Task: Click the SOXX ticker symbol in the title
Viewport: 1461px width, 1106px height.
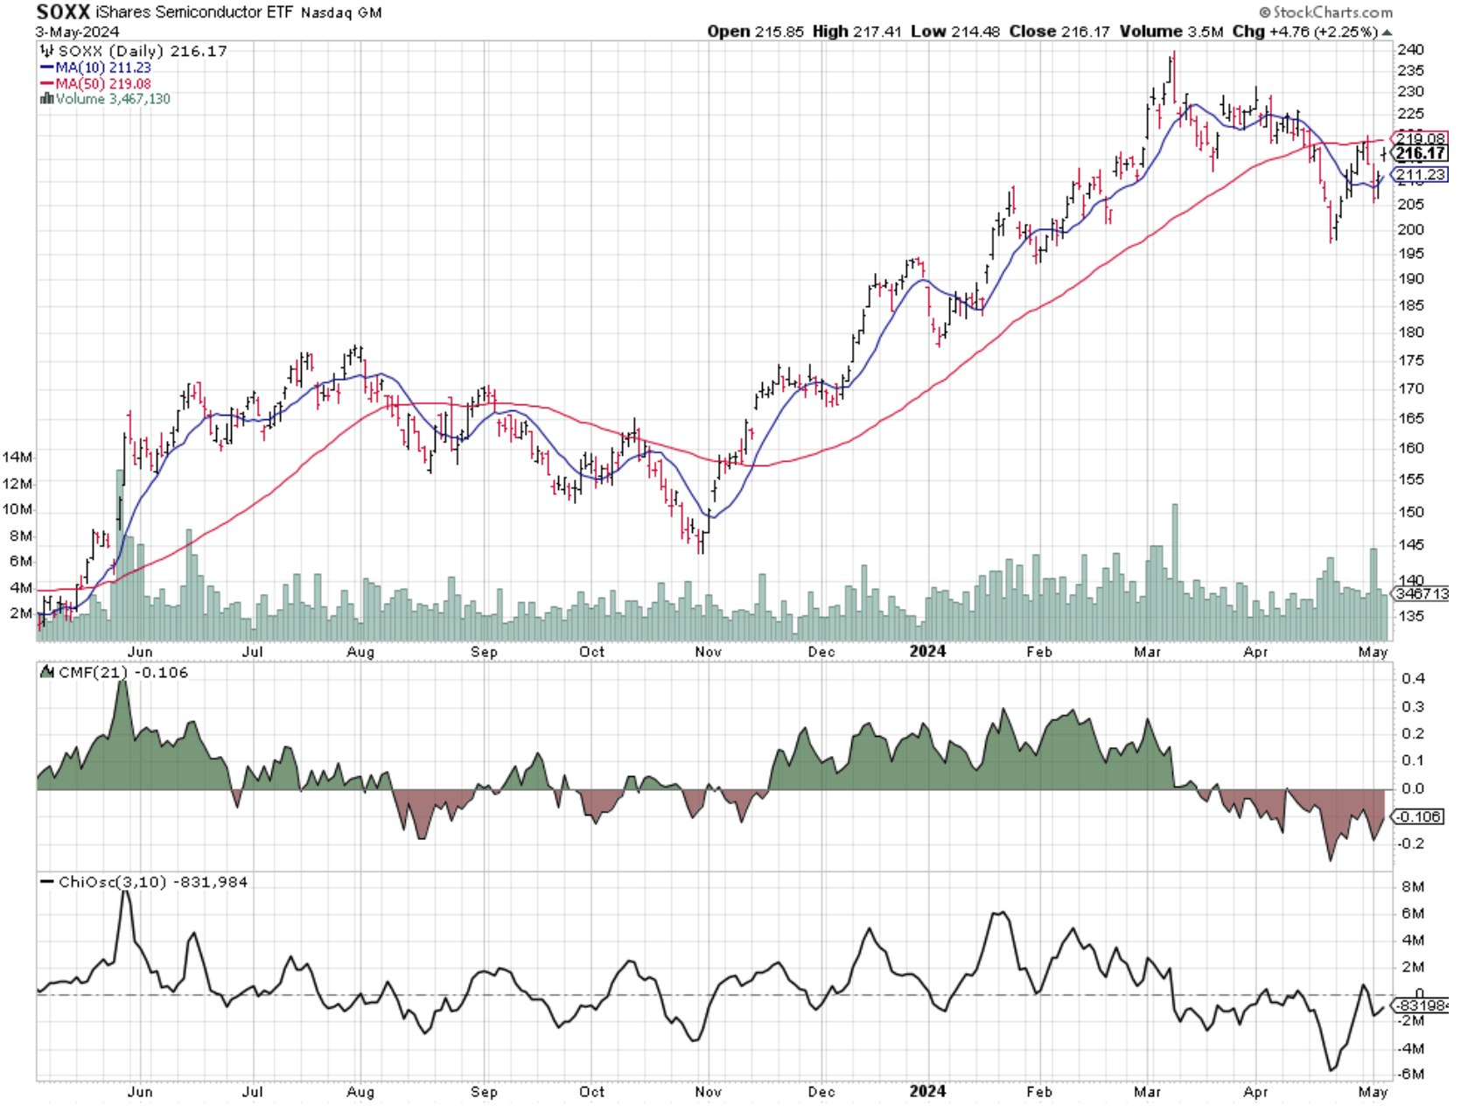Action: pyautogui.click(x=63, y=12)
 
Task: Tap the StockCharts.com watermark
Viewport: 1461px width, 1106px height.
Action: pyautogui.click(x=1325, y=12)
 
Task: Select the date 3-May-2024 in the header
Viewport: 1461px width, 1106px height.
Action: pyautogui.click(x=78, y=31)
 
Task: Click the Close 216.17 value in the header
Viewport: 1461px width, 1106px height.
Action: pyautogui.click(x=1059, y=31)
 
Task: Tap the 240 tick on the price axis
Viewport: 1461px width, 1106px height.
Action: pyautogui.click(x=1410, y=50)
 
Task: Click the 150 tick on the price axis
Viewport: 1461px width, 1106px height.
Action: pyautogui.click(x=1410, y=512)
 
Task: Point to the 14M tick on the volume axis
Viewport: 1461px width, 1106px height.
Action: pyautogui.click(x=18, y=457)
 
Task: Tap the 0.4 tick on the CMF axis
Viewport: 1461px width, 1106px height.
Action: pyautogui.click(x=1412, y=678)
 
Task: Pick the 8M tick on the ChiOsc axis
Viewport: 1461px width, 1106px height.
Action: pyautogui.click(x=1412, y=886)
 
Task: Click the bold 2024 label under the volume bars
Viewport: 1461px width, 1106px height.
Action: pyautogui.click(x=927, y=651)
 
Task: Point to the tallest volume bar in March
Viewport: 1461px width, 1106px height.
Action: pyautogui.click(x=1175, y=569)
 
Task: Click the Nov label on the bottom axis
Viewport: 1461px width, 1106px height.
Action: pyautogui.click(x=708, y=1091)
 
